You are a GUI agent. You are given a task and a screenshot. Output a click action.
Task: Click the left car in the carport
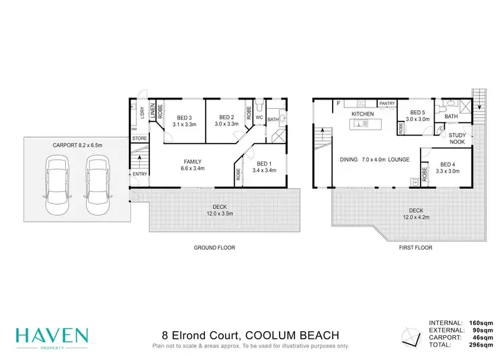[56, 182]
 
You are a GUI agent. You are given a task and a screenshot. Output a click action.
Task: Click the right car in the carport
[97, 182]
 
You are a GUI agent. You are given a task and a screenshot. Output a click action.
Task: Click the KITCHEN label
[362, 114]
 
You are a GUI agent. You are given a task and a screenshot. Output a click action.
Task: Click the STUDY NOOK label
[458, 138]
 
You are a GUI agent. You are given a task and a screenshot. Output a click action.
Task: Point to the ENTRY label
[140, 175]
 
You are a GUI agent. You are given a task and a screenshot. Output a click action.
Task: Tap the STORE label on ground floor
[139, 138]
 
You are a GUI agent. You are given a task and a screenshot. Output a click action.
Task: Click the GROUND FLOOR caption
[214, 248]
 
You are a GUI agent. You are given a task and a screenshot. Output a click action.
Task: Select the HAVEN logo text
[52, 333]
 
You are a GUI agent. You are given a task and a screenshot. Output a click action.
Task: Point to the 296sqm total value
[484, 345]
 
